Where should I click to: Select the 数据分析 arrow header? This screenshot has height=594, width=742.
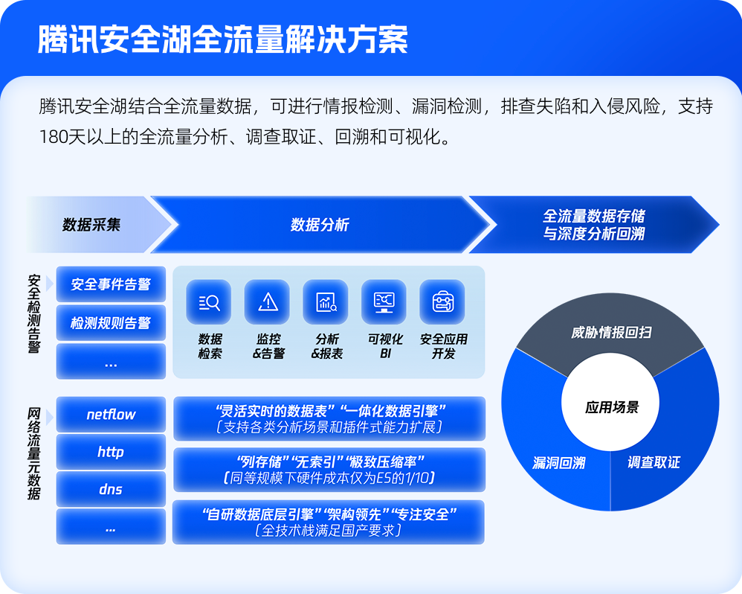(x=320, y=224)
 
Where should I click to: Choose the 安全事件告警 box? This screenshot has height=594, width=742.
(x=111, y=284)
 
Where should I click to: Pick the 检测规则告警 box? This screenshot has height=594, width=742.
(x=111, y=323)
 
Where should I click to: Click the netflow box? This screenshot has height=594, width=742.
(x=111, y=415)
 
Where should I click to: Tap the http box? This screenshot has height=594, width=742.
(x=111, y=452)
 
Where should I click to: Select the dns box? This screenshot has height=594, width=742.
(x=111, y=490)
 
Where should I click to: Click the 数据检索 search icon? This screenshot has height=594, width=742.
(x=209, y=302)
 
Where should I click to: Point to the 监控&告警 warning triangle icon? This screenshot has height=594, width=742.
(x=267, y=302)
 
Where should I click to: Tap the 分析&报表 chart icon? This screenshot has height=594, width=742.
(x=326, y=302)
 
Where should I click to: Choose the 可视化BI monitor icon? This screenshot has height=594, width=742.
(x=384, y=302)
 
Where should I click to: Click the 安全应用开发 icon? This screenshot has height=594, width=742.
(x=442, y=302)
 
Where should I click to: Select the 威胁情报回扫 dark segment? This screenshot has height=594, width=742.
(x=611, y=332)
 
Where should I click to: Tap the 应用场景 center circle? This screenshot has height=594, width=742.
(x=611, y=407)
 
